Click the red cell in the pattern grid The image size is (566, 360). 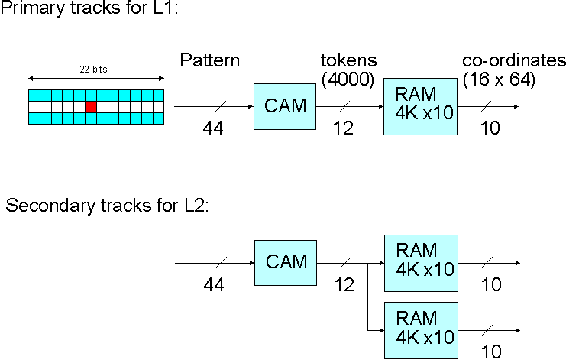pos(91,107)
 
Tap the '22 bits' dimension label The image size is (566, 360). pos(95,70)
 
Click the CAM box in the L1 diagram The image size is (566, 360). pos(285,107)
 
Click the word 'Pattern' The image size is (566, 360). pos(209,61)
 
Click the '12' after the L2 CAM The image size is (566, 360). pos(343,285)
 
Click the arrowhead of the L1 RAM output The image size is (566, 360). pos(517,107)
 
